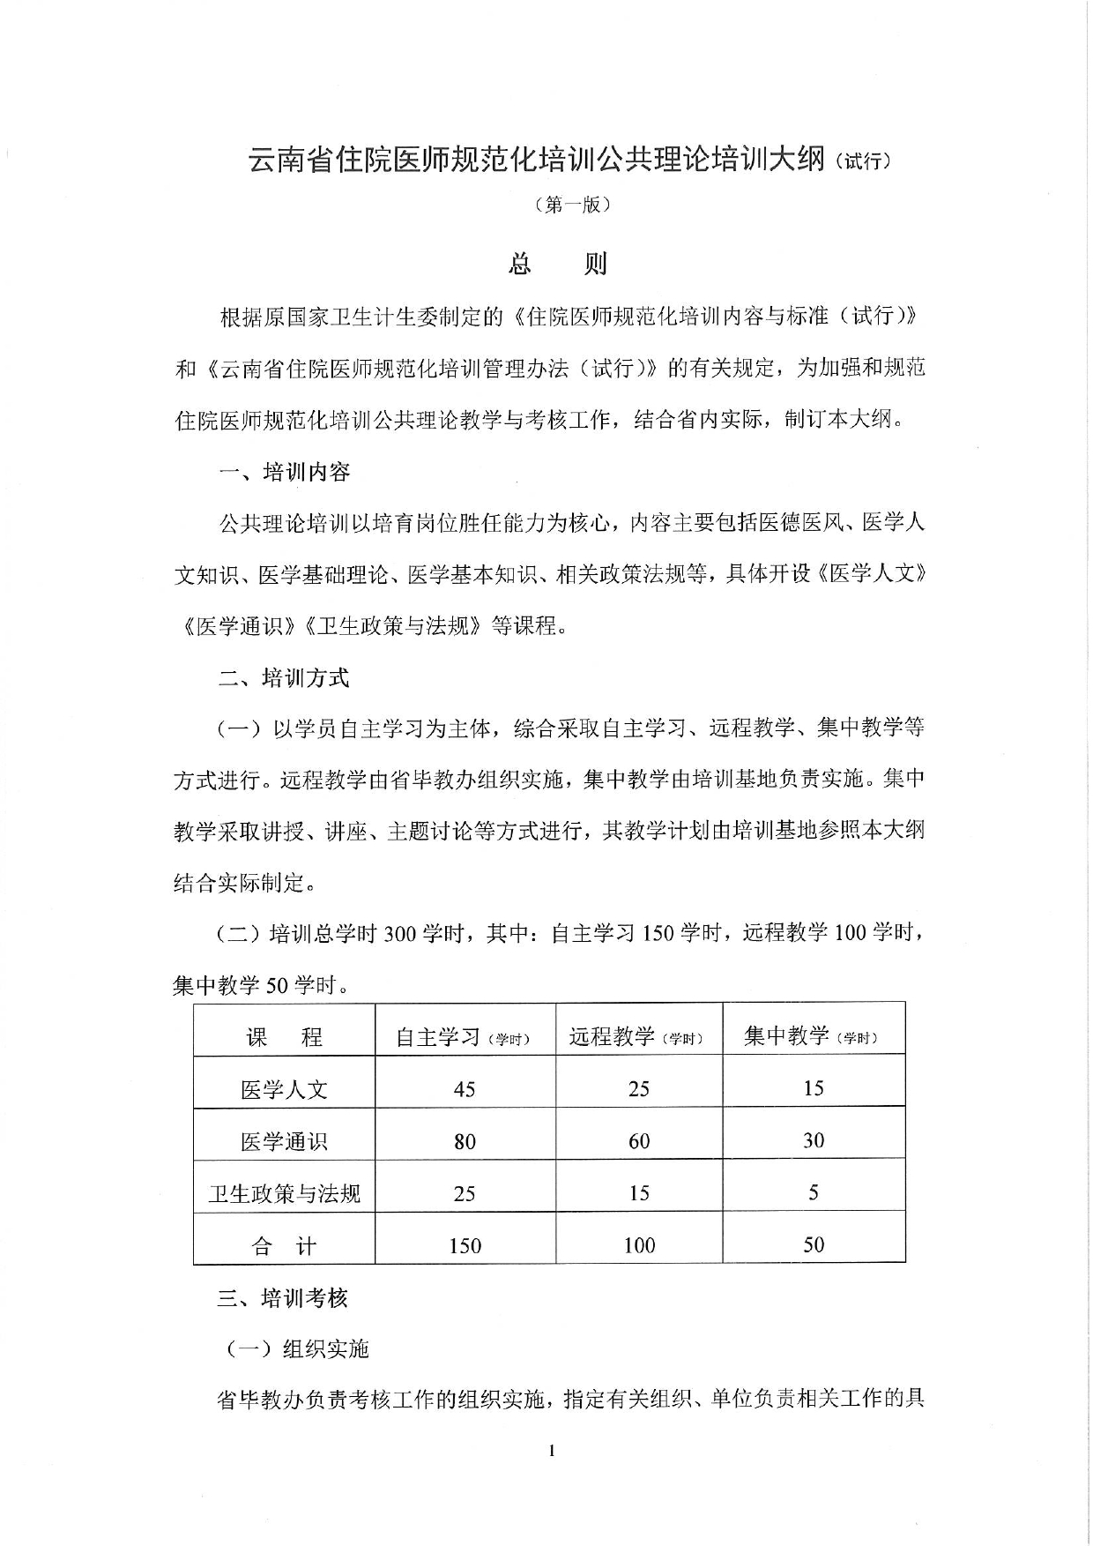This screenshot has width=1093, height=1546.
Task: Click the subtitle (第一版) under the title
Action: coord(572,205)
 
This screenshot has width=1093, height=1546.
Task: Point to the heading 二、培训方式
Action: coord(284,678)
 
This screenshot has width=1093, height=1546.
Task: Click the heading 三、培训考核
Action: coord(283,1298)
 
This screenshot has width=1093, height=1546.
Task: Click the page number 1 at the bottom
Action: coord(551,1451)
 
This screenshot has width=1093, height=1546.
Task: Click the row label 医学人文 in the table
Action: coord(284,1090)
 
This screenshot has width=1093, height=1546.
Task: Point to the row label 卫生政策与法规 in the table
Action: coord(284,1194)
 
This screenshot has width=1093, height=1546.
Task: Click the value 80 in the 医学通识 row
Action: coord(465,1142)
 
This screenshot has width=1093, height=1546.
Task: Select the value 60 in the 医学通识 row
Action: coord(639,1141)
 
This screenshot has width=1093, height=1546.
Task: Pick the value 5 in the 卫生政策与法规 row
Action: coord(814,1193)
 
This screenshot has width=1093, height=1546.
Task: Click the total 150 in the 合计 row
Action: coord(465,1246)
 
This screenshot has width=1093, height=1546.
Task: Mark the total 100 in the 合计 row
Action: coord(639,1245)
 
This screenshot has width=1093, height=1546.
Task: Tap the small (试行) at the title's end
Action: coord(865,161)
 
